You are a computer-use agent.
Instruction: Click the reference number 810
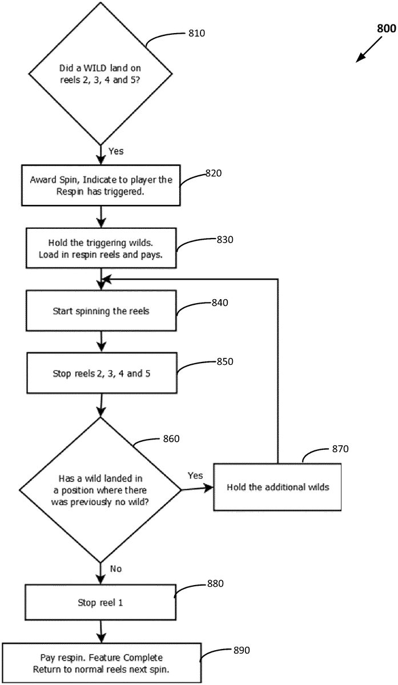tap(196, 33)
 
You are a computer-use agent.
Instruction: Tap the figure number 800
tap(387, 29)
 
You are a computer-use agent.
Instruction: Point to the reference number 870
tap(340, 449)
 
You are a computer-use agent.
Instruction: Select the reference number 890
tap(242, 650)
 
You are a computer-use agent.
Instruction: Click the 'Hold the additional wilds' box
tap(277, 487)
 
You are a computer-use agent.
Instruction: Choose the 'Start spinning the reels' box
tap(101, 311)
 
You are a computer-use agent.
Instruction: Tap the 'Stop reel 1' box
tap(100, 602)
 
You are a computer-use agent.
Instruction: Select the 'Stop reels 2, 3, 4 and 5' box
tap(102, 373)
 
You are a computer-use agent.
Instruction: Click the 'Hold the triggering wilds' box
tap(101, 248)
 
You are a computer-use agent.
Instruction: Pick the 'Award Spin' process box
tap(100, 186)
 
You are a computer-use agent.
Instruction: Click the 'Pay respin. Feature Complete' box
tap(102, 663)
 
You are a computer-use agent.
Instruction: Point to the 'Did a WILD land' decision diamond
tap(100, 74)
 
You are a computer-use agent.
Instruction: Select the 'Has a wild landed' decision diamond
tap(100, 490)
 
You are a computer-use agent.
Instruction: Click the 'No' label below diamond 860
tap(116, 569)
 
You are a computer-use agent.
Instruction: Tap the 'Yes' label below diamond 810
tap(116, 151)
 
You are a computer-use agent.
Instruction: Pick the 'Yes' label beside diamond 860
tap(195, 476)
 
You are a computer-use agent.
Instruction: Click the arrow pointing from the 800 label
tap(369, 50)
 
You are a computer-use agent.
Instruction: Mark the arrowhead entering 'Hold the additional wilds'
tap(209, 487)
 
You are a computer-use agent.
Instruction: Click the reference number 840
tap(220, 303)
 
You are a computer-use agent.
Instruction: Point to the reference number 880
tap(215, 583)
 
